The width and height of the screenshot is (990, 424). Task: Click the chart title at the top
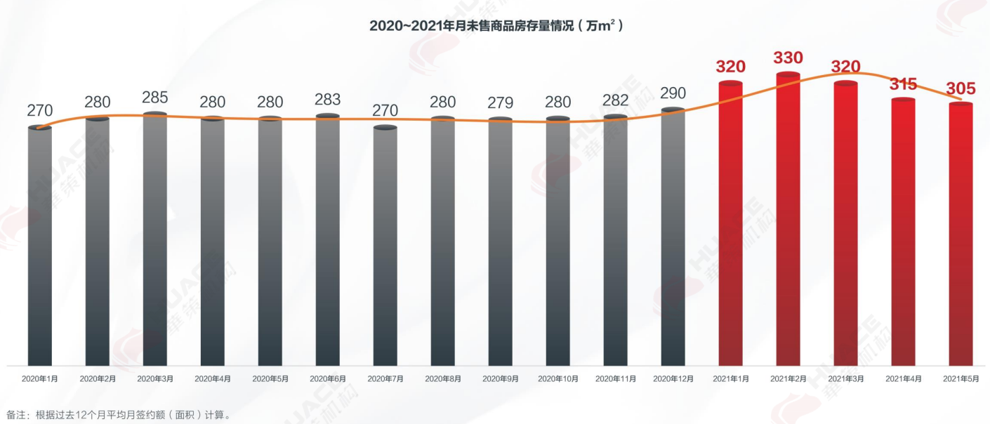click(496, 26)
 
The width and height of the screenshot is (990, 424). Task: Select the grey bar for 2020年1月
click(40, 246)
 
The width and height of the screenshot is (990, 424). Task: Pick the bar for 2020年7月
click(385, 246)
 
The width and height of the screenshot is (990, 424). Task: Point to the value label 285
click(154, 97)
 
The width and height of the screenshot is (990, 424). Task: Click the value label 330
click(788, 58)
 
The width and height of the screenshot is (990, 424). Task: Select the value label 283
click(327, 99)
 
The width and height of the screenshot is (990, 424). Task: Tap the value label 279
click(500, 103)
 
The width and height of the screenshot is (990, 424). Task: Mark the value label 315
click(903, 84)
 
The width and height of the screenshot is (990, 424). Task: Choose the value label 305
click(961, 89)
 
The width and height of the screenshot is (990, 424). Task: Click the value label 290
click(673, 93)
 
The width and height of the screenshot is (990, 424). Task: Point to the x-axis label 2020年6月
click(327, 378)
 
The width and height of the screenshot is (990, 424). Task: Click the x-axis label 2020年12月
click(673, 378)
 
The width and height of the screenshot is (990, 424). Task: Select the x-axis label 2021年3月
click(845, 378)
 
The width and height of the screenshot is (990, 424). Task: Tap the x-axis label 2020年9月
click(500, 378)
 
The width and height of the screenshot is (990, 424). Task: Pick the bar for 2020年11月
click(615, 242)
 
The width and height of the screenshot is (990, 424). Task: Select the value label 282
click(615, 100)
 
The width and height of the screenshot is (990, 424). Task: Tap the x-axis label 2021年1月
click(730, 378)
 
